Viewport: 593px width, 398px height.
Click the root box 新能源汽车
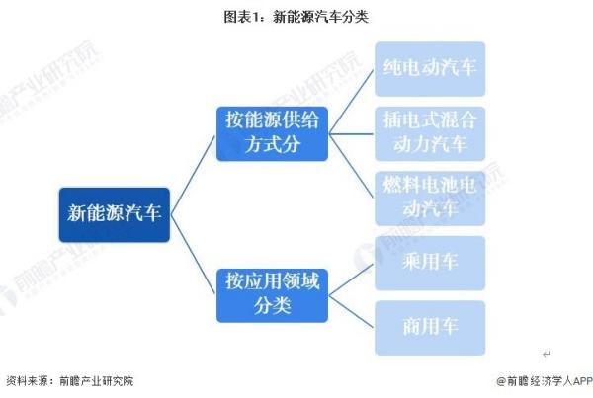coord(114,213)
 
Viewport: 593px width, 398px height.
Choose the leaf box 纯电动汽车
coord(430,68)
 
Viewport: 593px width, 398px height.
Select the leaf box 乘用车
coord(430,262)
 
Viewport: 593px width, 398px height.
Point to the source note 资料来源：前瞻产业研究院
coord(69,380)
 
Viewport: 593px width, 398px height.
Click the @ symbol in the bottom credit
coord(500,380)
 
